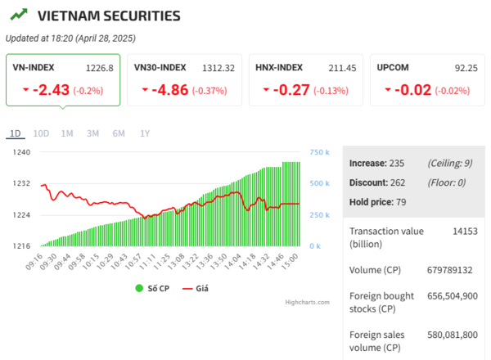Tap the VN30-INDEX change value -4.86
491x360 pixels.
tap(169, 89)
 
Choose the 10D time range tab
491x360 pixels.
tap(41, 133)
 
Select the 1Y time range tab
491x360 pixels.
tap(145, 133)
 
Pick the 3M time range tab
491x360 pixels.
tap(92, 133)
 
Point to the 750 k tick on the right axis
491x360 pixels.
tap(320, 152)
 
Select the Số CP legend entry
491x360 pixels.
tap(154, 288)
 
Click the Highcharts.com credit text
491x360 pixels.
tap(307, 302)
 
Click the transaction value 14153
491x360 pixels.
tap(465, 232)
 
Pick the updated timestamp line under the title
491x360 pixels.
tap(70, 38)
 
